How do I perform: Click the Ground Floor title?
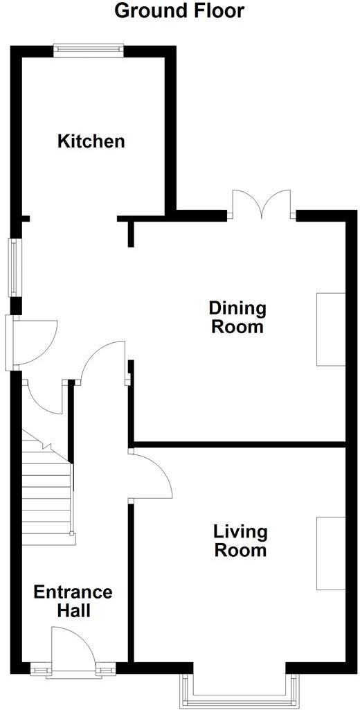coord(179,11)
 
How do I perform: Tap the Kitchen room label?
coord(91,142)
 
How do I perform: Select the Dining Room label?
coord(237,317)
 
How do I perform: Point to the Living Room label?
coord(240,541)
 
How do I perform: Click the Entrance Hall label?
coord(73,602)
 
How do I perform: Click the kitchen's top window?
coord(89,48)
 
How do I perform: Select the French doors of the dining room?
coord(262,206)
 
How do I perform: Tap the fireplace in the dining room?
coord(331,329)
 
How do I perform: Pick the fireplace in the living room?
coord(331,553)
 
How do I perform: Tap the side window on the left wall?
coord(13,267)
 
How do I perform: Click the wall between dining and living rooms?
coord(239,443)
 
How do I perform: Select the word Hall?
coord(73,612)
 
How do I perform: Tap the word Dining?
coord(237,307)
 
